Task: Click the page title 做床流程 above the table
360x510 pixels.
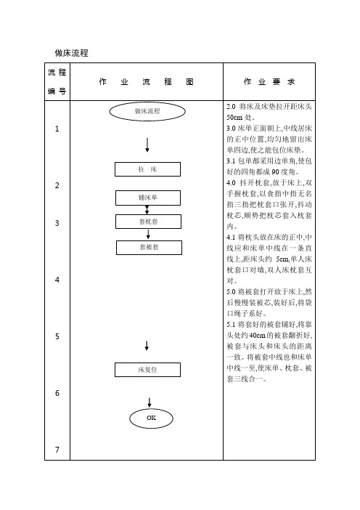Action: click(71, 53)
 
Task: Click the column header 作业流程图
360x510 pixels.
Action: click(146, 81)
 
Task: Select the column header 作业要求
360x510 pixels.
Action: click(269, 81)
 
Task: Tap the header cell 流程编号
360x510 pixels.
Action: click(57, 81)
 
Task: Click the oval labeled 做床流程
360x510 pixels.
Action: click(147, 111)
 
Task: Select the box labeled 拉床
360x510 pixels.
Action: click(147, 169)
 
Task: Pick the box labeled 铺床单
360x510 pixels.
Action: click(148, 198)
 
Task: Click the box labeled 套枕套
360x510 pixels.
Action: click(149, 222)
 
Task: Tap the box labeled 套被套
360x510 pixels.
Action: click(149, 247)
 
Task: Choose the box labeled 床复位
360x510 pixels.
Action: click(147, 370)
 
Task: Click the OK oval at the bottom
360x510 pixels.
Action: click(151, 418)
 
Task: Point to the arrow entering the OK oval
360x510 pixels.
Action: click(150, 402)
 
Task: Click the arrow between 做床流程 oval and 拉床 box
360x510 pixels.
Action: click(147, 145)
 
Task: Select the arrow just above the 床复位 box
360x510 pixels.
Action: click(147, 346)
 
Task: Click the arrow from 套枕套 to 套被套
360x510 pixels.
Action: click(148, 235)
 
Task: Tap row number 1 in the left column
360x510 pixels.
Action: click(57, 129)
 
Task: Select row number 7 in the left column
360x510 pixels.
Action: click(57, 450)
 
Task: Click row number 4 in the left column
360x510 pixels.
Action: click(57, 280)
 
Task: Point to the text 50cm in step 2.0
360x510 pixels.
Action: click(234, 118)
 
